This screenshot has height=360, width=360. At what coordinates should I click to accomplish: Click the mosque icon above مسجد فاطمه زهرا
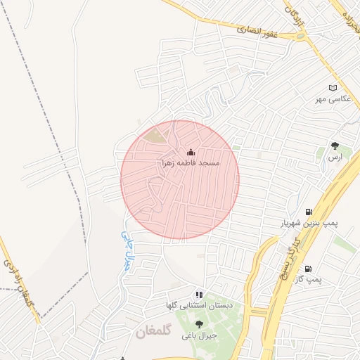point(191,152)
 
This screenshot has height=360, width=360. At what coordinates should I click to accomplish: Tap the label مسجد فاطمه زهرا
point(191,162)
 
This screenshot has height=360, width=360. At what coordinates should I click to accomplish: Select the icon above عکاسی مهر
point(333,88)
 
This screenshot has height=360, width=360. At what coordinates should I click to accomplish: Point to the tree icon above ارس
point(335,147)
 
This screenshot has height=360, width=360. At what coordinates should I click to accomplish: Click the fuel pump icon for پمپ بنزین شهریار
point(309,212)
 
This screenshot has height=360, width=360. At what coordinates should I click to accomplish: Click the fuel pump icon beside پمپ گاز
point(308,269)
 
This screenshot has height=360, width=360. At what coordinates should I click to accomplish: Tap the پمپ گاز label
point(308,279)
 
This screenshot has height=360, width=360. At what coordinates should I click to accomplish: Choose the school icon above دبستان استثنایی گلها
point(199,295)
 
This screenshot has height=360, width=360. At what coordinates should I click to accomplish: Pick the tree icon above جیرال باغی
point(199,325)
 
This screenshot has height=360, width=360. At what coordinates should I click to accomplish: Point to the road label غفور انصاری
point(258,31)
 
